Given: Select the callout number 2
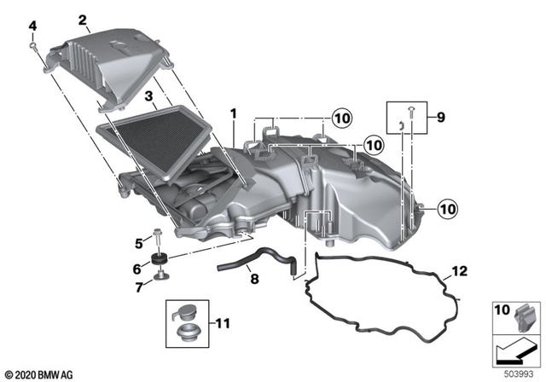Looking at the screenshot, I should coord(82,19).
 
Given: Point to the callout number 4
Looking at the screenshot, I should coord(33,27).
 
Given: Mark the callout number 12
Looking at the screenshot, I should coord(460,272).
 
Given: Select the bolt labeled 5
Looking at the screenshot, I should coord(160,235).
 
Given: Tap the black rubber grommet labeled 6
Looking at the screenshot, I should coord(159,259).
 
